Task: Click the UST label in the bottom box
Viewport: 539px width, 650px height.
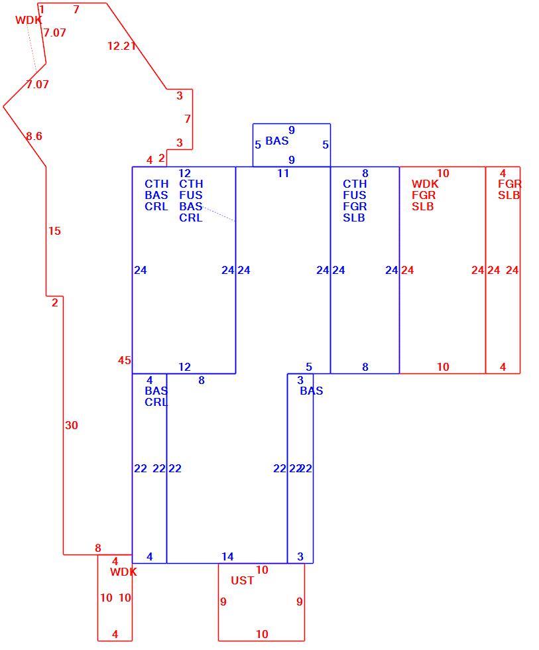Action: [242, 580]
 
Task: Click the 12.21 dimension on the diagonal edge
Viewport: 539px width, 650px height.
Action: [121, 46]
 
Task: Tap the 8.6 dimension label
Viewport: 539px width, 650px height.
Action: [34, 136]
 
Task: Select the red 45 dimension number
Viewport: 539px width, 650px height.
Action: [124, 360]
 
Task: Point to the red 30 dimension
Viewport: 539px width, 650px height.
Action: [71, 425]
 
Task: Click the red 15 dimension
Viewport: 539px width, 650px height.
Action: [54, 231]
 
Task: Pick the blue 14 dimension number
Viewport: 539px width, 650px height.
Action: [227, 556]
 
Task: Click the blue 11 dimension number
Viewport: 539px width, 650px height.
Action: [283, 173]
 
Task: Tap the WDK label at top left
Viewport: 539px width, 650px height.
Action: [29, 20]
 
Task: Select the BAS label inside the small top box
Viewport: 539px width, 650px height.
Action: [276, 141]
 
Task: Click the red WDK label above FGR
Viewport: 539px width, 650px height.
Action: [425, 184]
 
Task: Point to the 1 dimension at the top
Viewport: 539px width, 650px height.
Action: [42, 9]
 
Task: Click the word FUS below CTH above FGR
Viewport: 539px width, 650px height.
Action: [354, 195]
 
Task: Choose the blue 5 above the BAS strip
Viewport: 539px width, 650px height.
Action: [309, 367]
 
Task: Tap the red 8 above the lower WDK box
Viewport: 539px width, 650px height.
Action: [97, 548]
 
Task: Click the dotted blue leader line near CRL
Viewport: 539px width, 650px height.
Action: [219, 214]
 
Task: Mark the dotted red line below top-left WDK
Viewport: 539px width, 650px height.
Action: [31, 46]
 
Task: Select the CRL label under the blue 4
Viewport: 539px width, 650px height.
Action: [156, 402]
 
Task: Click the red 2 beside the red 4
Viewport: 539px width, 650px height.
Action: [162, 159]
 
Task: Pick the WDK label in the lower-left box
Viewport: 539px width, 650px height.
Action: [123, 572]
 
